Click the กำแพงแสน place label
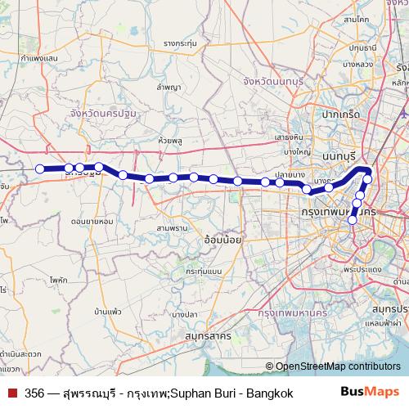click(38, 59)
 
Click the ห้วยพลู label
click(170, 140)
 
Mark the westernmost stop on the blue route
click(39, 169)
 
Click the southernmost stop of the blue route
click(353, 219)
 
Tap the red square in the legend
click(11, 393)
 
